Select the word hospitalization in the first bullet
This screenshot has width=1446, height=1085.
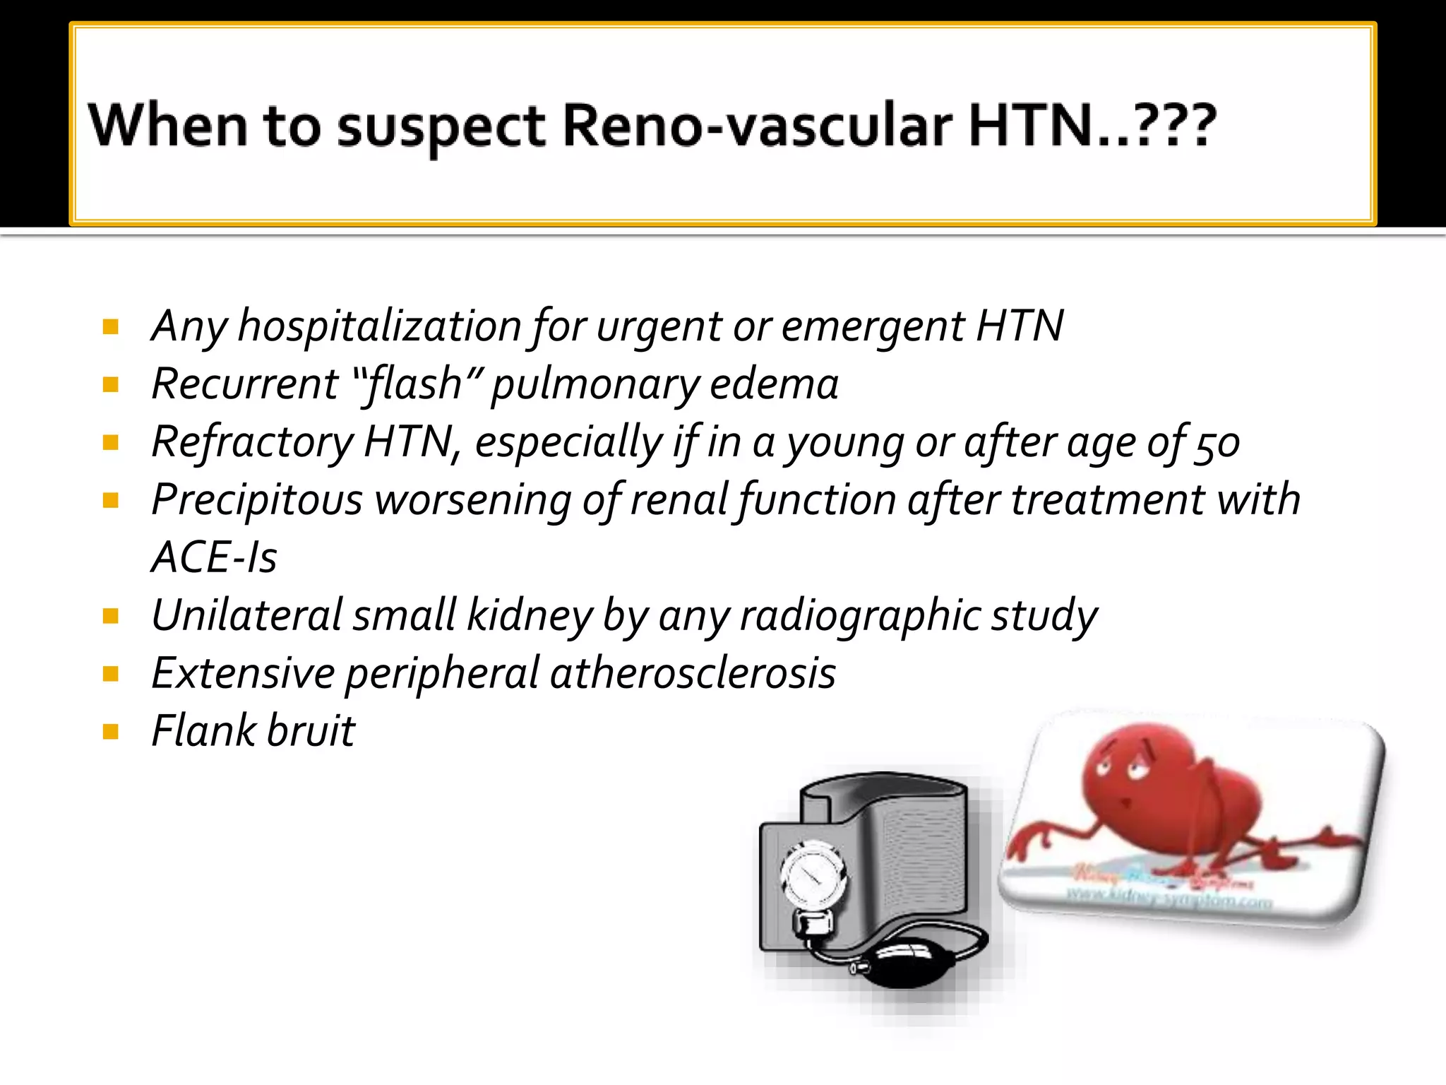(x=380, y=326)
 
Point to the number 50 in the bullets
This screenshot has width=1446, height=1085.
(x=1216, y=444)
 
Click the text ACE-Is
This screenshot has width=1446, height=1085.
(x=214, y=557)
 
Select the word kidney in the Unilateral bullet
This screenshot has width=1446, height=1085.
(x=530, y=615)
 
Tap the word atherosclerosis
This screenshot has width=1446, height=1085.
(x=693, y=672)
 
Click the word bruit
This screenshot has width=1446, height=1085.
(x=311, y=730)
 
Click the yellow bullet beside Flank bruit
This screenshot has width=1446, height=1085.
(x=111, y=731)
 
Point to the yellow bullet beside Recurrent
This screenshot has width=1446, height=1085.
(x=111, y=385)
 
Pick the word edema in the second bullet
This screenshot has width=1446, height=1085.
(x=774, y=384)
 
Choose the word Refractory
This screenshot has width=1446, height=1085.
(x=252, y=443)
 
